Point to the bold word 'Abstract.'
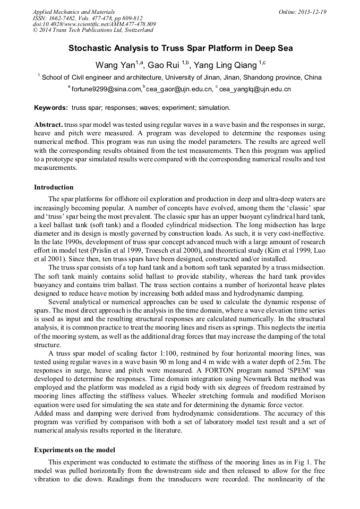point(49,124)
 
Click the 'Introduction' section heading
point(54,187)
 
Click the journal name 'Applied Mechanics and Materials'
point(73,12)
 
